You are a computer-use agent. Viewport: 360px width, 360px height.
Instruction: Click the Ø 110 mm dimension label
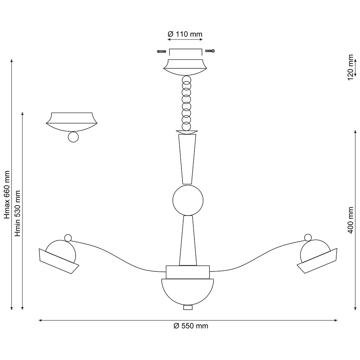pyautogui.click(x=185, y=34)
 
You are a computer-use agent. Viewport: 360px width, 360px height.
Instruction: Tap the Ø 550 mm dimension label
pyautogui.click(x=191, y=326)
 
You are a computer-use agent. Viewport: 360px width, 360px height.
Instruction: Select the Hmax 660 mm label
pyautogui.click(x=7, y=194)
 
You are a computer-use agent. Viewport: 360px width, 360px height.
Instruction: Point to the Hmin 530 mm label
pyautogui.click(x=18, y=213)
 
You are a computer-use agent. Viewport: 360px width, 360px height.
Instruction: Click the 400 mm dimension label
pyautogui.click(x=351, y=220)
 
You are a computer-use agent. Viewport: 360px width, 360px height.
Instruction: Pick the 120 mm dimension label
pyautogui.click(x=350, y=68)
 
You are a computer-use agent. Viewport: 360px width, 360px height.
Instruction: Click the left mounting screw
pyautogui.click(x=162, y=51)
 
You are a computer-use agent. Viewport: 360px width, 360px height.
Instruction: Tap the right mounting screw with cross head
pyautogui.click(x=210, y=50)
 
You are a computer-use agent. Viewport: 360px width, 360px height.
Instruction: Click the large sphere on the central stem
pyautogui.click(x=188, y=200)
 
